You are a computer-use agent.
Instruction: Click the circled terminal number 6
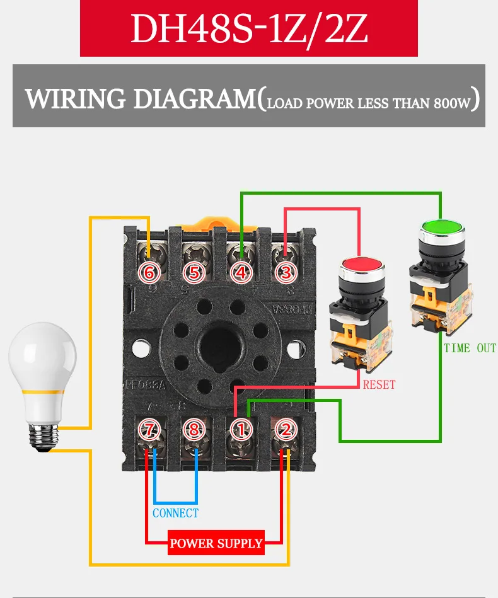tap(149, 273)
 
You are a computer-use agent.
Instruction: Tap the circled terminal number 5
tap(195, 273)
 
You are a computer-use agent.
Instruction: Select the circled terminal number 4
tap(241, 273)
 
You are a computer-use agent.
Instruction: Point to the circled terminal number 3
tap(286, 273)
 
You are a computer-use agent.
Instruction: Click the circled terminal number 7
tap(149, 430)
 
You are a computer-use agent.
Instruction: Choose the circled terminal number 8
tap(195, 430)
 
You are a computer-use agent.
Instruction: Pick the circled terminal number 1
tap(241, 430)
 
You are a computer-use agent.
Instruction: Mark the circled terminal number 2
tap(286, 430)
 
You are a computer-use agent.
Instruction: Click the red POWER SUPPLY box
tap(216, 543)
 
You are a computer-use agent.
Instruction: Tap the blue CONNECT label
tap(175, 513)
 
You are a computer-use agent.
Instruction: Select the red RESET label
tap(379, 384)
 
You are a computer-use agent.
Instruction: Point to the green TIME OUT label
tap(470, 348)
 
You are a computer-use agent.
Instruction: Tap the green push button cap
tap(440, 227)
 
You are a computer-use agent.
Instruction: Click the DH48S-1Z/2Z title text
tap(248, 28)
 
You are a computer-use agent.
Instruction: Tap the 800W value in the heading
tap(452, 103)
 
